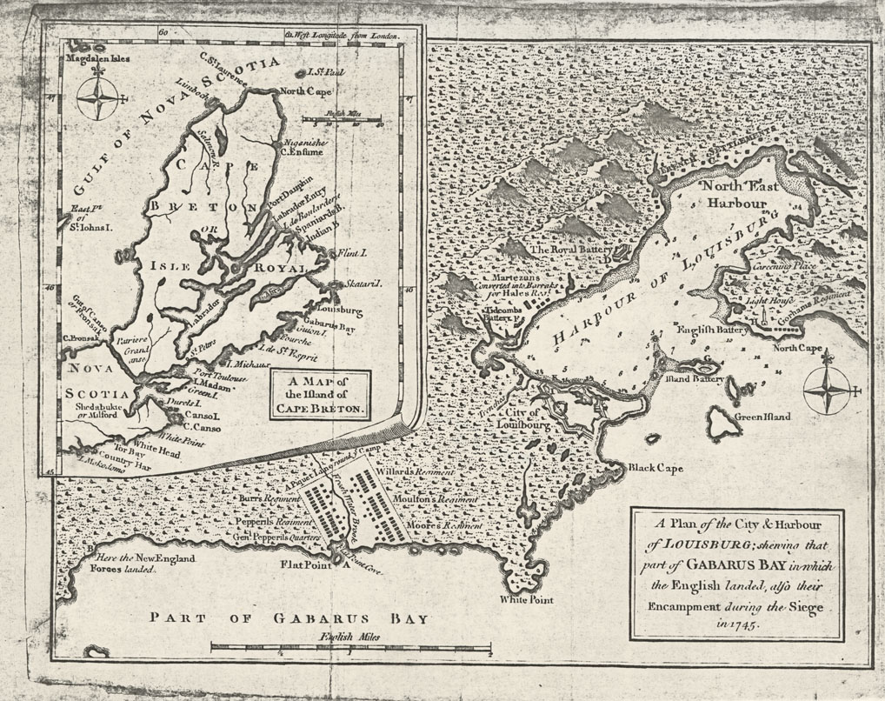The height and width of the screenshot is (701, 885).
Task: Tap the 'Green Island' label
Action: pos(762,417)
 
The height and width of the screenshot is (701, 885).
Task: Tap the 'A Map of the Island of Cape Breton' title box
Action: pos(320,393)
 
